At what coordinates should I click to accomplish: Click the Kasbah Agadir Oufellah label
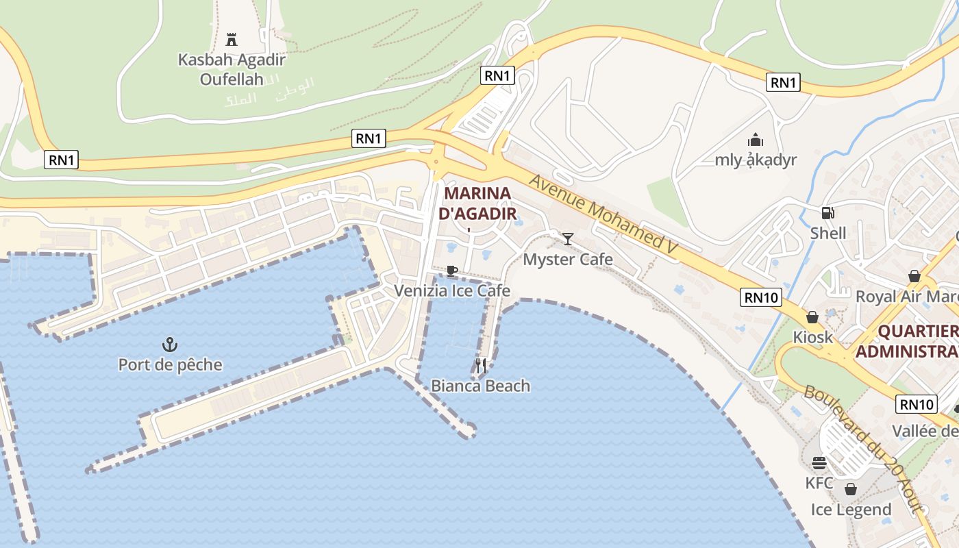[232, 69]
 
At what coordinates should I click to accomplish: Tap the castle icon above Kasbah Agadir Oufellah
[232, 39]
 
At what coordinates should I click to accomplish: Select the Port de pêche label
[171, 364]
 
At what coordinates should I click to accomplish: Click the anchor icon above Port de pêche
[169, 344]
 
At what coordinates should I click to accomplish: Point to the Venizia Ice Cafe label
[452, 290]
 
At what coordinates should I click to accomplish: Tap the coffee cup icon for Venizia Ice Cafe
[451, 271]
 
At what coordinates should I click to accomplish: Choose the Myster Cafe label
[568, 260]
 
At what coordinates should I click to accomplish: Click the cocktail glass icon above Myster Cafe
[568, 238]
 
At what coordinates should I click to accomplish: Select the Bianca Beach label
[480, 386]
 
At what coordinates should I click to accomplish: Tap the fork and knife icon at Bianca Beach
[481, 365]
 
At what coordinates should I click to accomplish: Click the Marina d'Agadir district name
[478, 203]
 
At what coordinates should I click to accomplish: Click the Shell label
[828, 233]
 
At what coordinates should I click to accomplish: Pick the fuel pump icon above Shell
[828, 213]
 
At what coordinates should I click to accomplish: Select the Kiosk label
[813, 337]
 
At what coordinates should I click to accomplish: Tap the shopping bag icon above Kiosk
[812, 317]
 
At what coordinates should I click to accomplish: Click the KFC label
[819, 483]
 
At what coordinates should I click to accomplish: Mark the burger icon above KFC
[819, 463]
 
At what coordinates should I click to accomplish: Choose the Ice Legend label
[851, 510]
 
